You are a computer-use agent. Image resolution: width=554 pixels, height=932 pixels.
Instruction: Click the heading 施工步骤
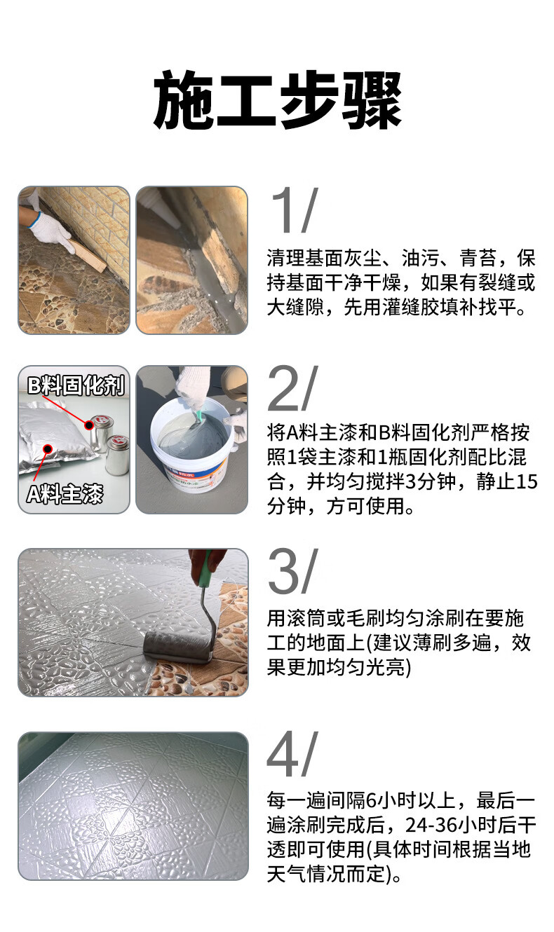278,100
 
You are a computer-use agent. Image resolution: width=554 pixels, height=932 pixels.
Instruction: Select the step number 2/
293,388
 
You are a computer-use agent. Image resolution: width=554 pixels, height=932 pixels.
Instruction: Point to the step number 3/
293,571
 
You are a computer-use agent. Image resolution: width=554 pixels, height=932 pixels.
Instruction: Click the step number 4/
292,754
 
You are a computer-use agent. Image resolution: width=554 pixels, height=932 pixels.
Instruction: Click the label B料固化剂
76,385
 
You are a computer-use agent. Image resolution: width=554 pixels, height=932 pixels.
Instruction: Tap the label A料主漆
65,494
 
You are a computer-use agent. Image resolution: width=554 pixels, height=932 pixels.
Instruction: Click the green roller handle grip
205,568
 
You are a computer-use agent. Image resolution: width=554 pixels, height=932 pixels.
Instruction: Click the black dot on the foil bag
48,449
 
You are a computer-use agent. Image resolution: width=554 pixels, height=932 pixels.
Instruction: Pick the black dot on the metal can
89,425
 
